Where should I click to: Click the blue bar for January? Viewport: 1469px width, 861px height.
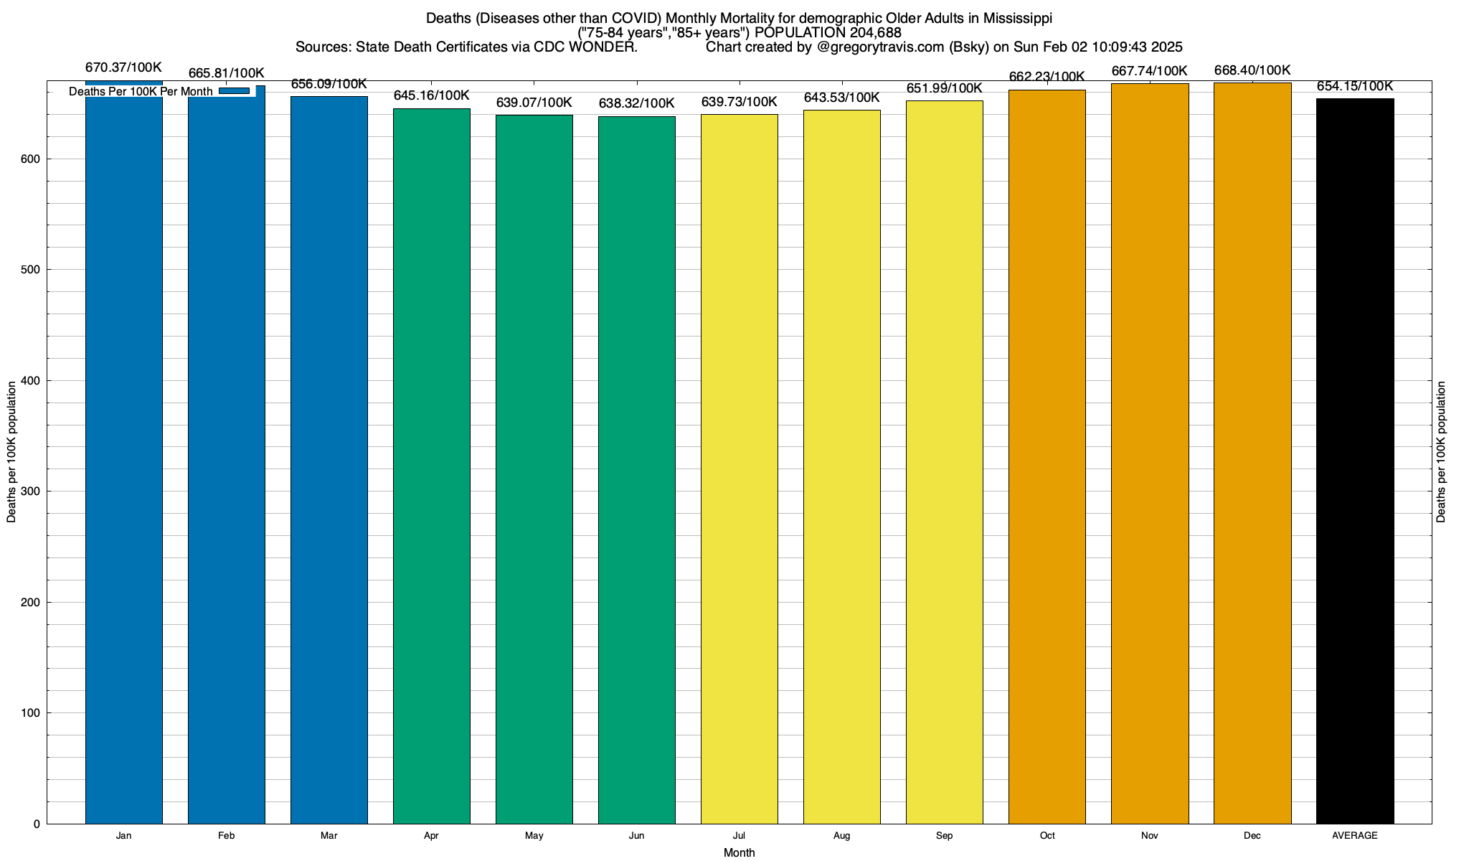point(123,459)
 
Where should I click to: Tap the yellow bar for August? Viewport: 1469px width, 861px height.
point(841,466)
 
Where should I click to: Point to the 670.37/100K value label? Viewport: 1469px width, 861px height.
point(123,68)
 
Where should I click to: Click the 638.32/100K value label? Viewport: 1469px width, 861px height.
point(636,104)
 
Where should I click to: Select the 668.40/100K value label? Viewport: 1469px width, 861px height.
point(1252,70)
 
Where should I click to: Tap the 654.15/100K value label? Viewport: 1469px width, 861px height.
point(1355,87)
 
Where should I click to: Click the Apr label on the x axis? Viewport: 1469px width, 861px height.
point(431,836)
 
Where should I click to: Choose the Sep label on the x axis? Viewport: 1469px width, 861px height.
point(944,836)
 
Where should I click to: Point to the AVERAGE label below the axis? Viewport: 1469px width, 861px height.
point(1355,836)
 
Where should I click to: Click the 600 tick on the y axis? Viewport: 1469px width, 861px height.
point(32,159)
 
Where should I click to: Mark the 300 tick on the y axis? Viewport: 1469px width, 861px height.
point(32,491)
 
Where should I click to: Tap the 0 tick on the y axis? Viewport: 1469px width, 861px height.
point(37,824)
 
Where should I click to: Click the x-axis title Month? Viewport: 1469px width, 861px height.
point(739,853)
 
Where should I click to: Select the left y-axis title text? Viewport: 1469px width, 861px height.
point(11,452)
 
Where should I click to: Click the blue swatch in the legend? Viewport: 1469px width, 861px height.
point(234,91)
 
